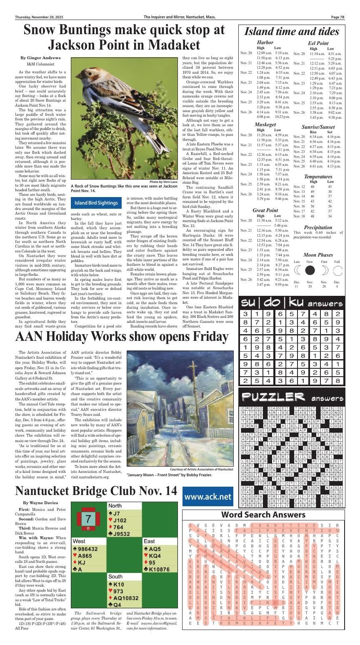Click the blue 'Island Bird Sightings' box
point(96,203)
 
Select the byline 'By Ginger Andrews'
point(40,58)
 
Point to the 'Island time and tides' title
point(292,32)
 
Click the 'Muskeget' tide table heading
point(265,125)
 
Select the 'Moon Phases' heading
point(318,255)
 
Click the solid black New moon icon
point(310,270)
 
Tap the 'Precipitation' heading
point(318,227)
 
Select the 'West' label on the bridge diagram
point(79,541)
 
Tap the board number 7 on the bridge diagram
point(88,519)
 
